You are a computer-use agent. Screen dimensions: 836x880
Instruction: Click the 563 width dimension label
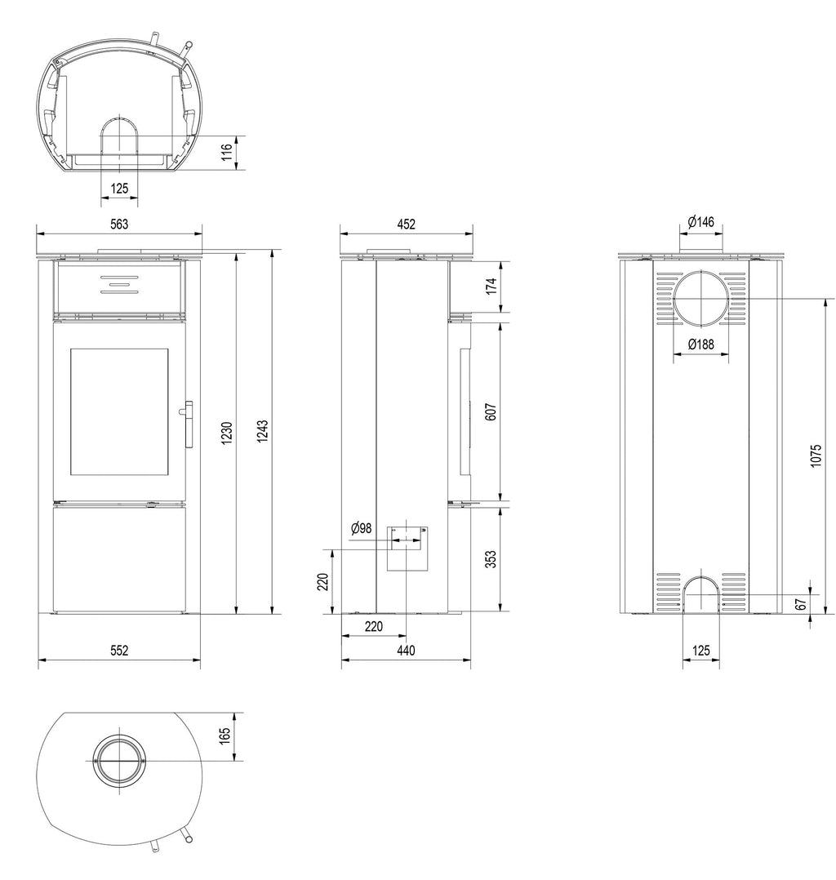[x=119, y=224]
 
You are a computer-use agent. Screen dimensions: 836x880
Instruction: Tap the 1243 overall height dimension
[x=262, y=431]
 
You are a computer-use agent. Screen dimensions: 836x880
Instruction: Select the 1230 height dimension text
[x=226, y=433]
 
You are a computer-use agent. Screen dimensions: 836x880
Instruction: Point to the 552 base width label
[x=119, y=651]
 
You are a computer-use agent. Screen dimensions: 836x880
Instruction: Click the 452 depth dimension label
[x=406, y=224]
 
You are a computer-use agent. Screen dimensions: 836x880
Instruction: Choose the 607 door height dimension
[x=491, y=412]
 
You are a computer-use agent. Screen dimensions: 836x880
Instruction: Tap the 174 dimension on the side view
[x=491, y=286]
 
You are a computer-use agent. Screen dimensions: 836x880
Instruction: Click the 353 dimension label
[x=491, y=559]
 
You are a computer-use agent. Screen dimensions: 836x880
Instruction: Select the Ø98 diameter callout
[x=361, y=527]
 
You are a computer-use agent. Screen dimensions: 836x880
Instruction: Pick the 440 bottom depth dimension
[x=406, y=651]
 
